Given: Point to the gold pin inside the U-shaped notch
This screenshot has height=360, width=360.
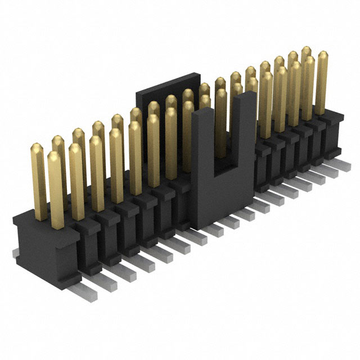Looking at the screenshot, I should [x=221, y=124].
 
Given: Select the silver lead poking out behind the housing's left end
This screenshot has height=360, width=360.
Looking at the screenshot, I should [x=17, y=253].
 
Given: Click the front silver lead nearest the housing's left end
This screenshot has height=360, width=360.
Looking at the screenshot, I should [x=84, y=290].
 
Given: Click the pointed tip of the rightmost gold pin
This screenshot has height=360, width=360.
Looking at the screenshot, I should [x=322, y=54].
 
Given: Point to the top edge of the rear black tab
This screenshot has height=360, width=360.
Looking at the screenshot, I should [x=169, y=75].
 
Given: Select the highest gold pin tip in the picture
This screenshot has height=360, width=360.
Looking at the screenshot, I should [x=307, y=49].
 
